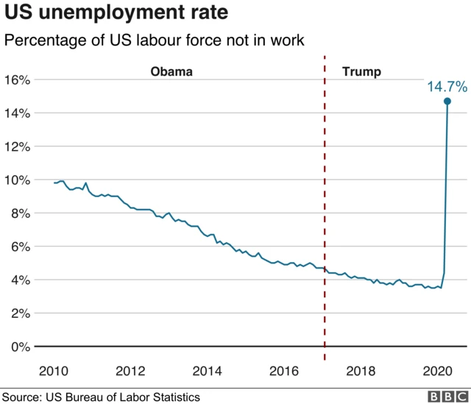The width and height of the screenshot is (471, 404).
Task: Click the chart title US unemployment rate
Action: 116,13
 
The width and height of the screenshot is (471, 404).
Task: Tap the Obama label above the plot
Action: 171,71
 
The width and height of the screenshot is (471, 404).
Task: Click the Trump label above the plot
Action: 362,71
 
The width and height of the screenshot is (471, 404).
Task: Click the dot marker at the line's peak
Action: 447,101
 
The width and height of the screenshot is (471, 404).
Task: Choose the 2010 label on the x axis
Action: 55,369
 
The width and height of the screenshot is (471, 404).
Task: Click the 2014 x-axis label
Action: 208,369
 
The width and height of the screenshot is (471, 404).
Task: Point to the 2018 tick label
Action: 361,369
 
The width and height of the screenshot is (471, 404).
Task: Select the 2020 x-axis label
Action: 438,369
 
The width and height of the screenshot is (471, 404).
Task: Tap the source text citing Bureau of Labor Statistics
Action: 101,397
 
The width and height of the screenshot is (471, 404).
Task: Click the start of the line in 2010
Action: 55,182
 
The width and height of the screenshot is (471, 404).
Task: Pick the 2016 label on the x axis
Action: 285,369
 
